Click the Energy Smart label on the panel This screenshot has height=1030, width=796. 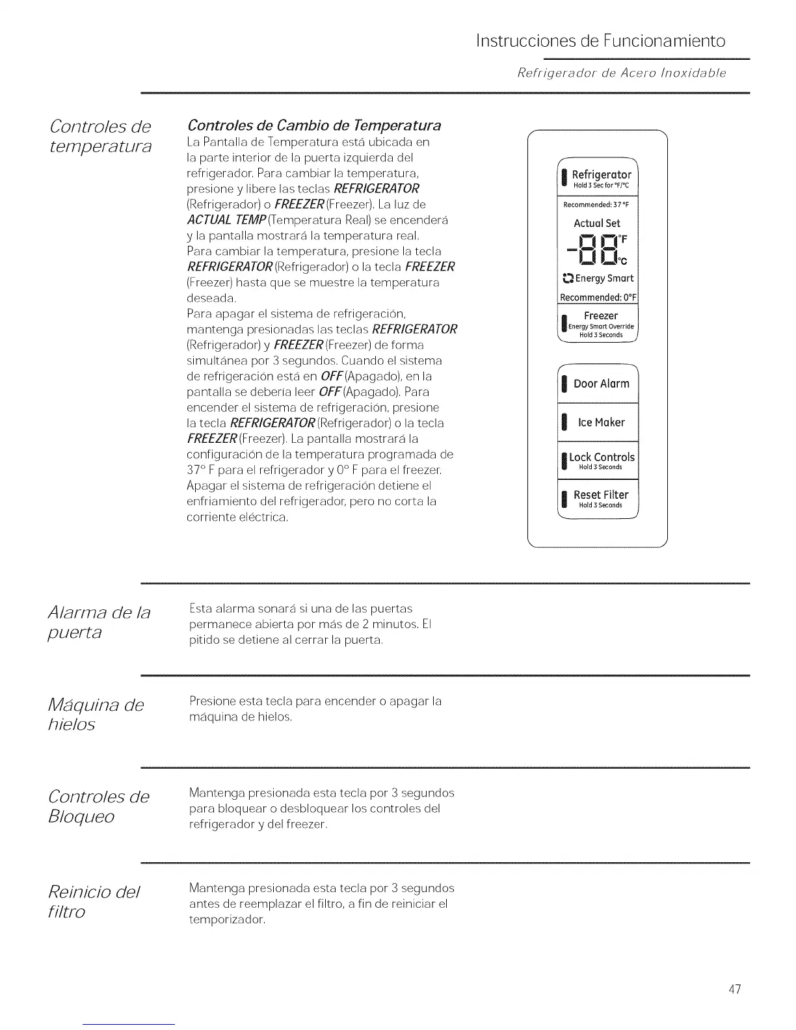598,278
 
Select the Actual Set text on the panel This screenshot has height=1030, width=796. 597,223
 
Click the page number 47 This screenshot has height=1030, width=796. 735,990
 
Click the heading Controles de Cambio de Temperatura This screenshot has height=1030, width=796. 314,125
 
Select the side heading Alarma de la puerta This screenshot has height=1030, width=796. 99,622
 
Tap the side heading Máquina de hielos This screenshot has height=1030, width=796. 95,714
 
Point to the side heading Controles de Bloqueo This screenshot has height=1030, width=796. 98,806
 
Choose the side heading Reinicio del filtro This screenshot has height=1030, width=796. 94,901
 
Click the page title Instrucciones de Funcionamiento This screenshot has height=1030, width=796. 600,41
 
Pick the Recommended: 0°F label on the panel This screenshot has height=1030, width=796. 599,298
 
